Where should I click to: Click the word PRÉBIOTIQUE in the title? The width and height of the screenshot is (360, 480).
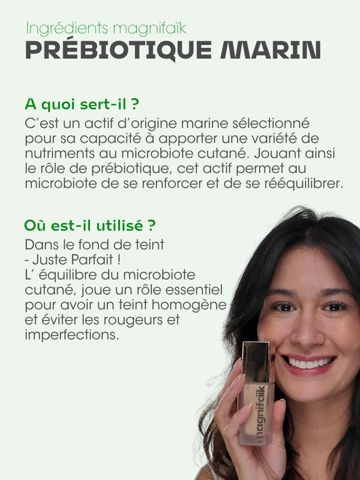point(118,50)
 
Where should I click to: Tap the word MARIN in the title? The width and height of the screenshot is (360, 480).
point(271,50)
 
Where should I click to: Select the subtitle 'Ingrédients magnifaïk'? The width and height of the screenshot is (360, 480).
point(106,28)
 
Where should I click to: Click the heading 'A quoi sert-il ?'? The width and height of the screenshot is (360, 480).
point(82,104)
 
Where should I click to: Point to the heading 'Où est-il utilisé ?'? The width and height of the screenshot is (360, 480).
point(90,226)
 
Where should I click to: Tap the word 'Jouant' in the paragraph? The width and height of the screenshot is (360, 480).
point(277,154)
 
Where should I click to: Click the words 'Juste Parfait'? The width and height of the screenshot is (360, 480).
point(73,260)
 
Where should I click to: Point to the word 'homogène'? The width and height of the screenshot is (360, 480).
point(189,305)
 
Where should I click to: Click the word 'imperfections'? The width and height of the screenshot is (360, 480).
point(71,335)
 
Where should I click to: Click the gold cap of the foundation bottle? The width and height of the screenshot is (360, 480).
point(256,362)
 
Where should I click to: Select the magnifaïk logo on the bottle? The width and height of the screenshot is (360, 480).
point(260,414)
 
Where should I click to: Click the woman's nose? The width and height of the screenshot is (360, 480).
point(307,329)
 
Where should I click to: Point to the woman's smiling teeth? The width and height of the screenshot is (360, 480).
point(310,363)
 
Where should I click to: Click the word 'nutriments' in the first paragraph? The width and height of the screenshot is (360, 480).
point(59,154)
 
